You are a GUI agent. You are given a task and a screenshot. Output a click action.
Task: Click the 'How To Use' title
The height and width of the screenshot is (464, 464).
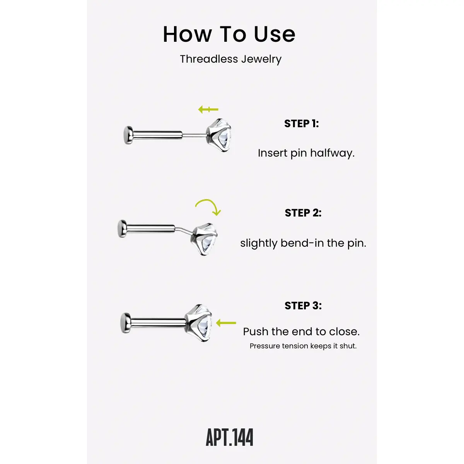229,34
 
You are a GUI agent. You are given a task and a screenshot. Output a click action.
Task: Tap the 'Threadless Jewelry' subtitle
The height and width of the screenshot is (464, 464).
231,59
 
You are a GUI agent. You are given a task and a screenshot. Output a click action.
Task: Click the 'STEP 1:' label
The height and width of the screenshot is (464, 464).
302,124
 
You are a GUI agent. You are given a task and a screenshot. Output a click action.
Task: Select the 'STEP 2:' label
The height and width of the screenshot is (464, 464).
303,213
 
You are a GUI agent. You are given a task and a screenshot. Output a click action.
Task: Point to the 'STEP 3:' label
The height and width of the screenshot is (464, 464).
303,305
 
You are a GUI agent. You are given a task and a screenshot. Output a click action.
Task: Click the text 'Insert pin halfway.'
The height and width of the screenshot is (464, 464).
306,153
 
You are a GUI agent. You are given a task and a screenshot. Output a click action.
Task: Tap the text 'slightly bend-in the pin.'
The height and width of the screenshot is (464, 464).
303,243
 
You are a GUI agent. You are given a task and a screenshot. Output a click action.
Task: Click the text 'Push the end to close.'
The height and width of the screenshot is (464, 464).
301,332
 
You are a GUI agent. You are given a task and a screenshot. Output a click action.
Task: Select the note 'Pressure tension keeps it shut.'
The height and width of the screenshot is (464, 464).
303,346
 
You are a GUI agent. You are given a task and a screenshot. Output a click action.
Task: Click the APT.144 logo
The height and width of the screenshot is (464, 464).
229,438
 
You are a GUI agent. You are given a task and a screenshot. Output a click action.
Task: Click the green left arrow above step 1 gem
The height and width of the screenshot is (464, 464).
208,109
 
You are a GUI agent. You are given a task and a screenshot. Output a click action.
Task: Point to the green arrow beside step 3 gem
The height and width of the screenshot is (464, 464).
226,323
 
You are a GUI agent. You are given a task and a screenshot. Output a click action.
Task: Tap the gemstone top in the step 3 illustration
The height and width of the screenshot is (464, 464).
199,322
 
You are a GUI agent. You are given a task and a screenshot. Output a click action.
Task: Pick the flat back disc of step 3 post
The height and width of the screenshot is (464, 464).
125,323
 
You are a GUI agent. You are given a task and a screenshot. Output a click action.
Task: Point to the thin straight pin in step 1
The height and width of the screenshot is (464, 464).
194,136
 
